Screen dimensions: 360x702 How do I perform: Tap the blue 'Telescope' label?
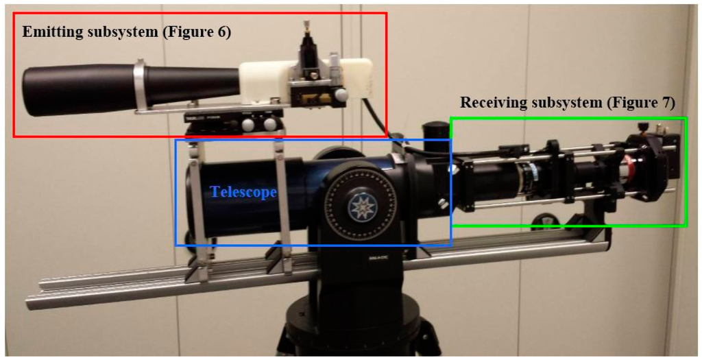click(x=243, y=192)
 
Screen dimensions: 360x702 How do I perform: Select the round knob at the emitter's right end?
click(x=340, y=95)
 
